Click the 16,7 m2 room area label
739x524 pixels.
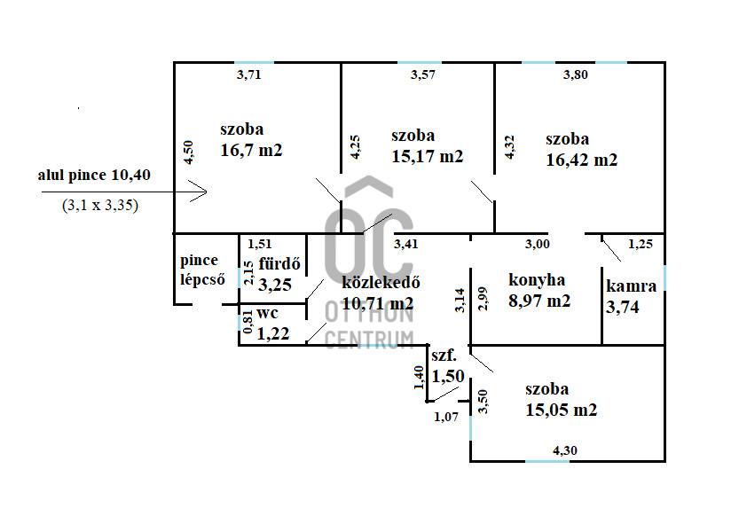(x=251, y=150)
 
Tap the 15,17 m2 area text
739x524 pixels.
(x=427, y=156)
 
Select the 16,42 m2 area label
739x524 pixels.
(x=581, y=160)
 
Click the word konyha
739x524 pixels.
(x=537, y=280)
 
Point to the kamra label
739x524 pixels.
(x=631, y=286)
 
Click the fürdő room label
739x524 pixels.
(x=279, y=264)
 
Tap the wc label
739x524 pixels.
(x=268, y=313)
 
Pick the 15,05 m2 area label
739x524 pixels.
(x=560, y=410)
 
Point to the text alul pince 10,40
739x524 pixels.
(x=94, y=176)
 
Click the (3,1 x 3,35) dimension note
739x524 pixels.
(x=99, y=205)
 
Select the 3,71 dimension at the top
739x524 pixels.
(x=249, y=74)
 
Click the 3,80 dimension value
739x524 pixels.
(x=576, y=74)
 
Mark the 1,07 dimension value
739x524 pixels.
(x=445, y=416)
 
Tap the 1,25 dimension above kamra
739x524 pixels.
(x=640, y=244)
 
